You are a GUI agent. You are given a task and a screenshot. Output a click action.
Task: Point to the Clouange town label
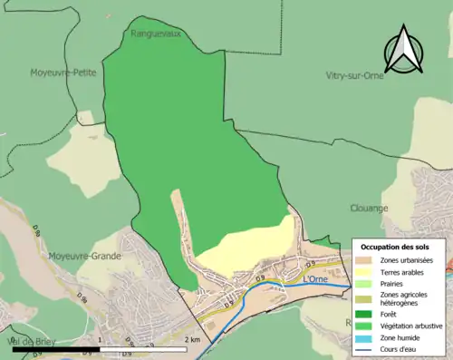click(x=369, y=208)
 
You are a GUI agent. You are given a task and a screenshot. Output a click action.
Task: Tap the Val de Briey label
click(x=30, y=341)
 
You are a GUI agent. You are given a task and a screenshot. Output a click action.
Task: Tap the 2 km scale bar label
click(x=191, y=339)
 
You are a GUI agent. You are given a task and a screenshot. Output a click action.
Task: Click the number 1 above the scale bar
click(x=99, y=339)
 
